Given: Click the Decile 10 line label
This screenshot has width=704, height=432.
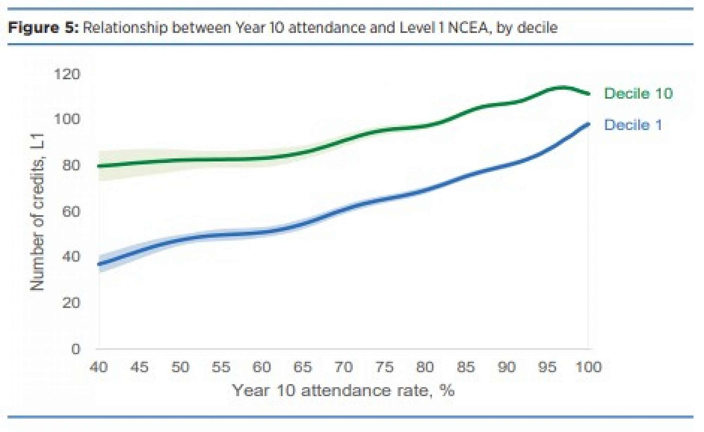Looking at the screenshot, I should click(638, 94).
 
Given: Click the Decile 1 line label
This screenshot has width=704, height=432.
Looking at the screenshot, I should click(633, 125).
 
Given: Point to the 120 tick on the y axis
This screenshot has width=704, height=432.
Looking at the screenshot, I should click(67, 74).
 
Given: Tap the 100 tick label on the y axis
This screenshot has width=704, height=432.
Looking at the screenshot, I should click(67, 119).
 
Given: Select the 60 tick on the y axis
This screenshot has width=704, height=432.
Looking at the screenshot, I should click(71, 212).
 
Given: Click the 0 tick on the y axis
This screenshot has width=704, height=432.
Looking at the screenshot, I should click(76, 349).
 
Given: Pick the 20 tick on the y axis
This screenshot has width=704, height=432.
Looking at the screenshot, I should click(71, 303).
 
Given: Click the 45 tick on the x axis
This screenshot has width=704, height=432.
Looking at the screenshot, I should click(139, 367).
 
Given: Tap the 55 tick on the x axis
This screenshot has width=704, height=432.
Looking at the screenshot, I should click(221, 367).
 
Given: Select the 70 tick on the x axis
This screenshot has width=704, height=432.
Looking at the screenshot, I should click(343, 367).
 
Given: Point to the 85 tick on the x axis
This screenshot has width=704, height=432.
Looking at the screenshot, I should click(466, 367).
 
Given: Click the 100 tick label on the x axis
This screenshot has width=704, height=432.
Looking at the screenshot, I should click(588, 367).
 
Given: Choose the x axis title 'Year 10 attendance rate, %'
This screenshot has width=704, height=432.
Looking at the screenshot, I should click(343, 390).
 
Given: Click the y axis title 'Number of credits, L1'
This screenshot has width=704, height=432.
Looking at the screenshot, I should click(37, 212).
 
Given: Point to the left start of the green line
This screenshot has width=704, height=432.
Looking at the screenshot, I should click(99, 166).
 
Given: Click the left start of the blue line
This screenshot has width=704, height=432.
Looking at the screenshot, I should click(99, 264).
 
